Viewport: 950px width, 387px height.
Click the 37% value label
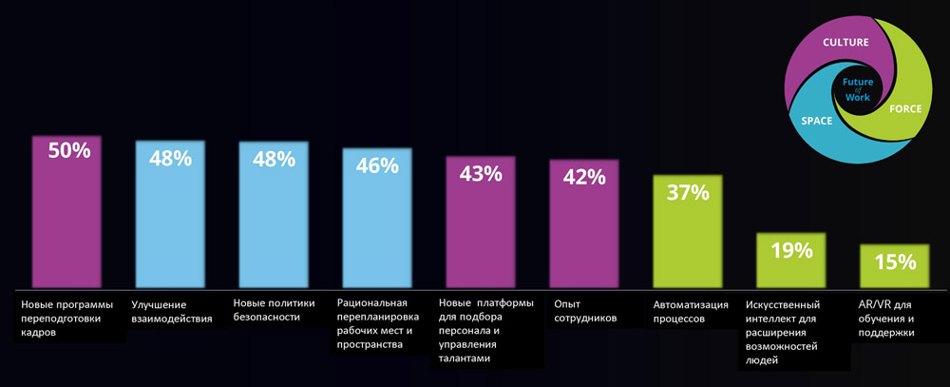click(688, 193)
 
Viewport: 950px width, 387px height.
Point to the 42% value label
click(584, 178)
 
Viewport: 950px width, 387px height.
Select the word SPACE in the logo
click(817, 122)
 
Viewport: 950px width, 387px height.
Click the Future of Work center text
click(857, 89)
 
